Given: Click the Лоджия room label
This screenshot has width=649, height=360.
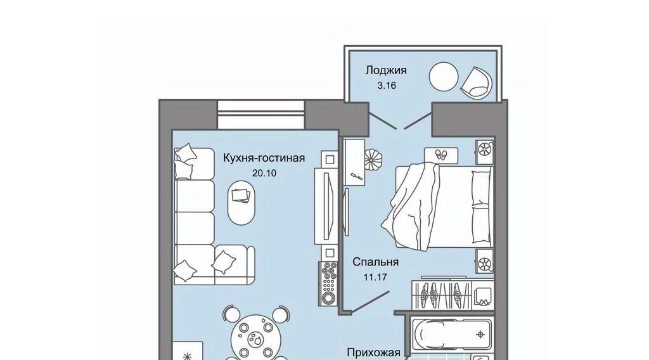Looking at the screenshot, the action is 386,70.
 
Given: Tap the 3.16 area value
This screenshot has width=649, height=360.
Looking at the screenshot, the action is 386,86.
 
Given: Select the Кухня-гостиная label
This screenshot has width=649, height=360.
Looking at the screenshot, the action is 264,158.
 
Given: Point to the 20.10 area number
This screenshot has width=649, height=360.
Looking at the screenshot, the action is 264,174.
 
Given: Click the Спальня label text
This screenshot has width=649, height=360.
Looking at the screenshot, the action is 375,262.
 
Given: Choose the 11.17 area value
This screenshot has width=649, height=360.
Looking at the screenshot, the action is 375,277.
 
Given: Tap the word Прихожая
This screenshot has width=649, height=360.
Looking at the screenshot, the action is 373,353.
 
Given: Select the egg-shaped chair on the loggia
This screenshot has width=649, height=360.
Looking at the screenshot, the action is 477,83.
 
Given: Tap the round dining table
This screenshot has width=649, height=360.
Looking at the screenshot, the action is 255,337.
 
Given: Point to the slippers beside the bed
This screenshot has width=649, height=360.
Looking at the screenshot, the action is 441,155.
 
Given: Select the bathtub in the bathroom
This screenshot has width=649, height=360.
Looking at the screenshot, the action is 453,335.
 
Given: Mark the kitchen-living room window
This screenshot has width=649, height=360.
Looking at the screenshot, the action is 261,115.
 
